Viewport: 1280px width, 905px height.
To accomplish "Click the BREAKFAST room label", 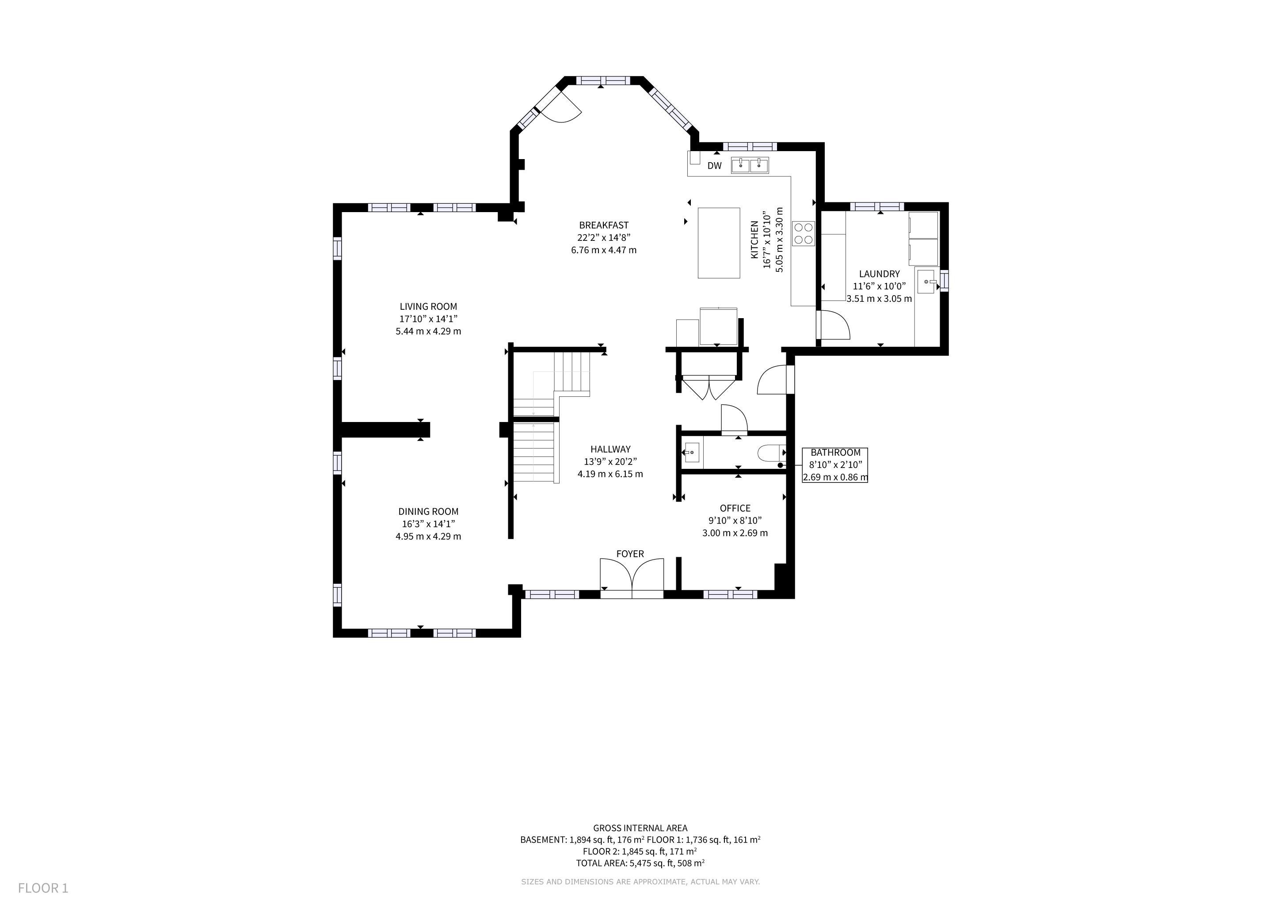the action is [x=604, y=225].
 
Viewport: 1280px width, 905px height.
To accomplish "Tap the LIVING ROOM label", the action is [x=428, y=307].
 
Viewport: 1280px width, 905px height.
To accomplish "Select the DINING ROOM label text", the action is [x=428, y=512].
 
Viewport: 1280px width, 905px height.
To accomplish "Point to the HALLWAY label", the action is [x=610, y=449].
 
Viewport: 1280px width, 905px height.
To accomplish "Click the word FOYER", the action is [x=630, y=554].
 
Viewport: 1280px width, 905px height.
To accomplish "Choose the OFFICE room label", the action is [x=735, y=508].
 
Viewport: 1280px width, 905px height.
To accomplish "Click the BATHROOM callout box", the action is [x=835, y=465].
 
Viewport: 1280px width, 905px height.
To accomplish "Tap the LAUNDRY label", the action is [x=879, y=274].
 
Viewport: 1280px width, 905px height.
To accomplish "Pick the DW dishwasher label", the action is [x=714, y=166].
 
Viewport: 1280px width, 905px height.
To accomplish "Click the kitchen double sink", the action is [x=750, y=166].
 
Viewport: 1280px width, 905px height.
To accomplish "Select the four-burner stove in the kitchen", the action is [x=804, y=233].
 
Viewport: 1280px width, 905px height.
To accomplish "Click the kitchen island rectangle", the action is [x=719, y=243].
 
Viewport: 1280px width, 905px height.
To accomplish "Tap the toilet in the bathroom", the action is [x=772, y=453].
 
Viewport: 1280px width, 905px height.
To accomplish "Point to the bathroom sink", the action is [x=692, y=452].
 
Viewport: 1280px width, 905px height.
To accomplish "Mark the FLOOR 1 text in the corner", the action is [x=43, y=888].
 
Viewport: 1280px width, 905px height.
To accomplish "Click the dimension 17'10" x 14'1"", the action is [x=428, y=319].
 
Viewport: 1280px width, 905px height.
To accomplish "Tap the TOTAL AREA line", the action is [x=640, y=863].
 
